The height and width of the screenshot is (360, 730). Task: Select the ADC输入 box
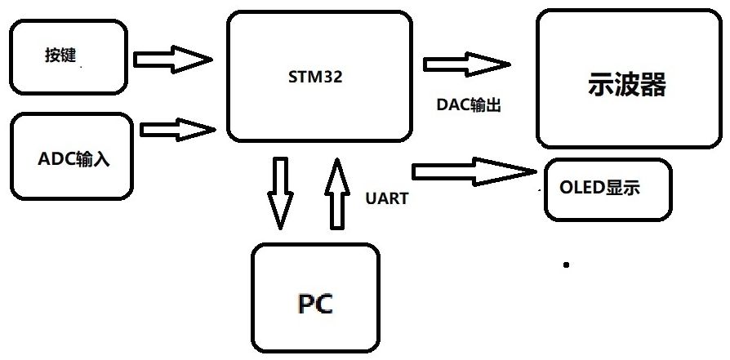click(x=72, y=157)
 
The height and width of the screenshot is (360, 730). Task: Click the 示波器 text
click(x=626, y=85)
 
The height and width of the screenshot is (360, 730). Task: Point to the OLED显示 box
click(x=608, y=189)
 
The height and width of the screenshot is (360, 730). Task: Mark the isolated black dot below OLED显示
click(x=566, y=264)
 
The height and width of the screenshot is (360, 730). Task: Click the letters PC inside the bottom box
click(x=314, y=304)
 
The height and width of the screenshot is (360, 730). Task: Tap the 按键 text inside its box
click(x=60, y=56)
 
